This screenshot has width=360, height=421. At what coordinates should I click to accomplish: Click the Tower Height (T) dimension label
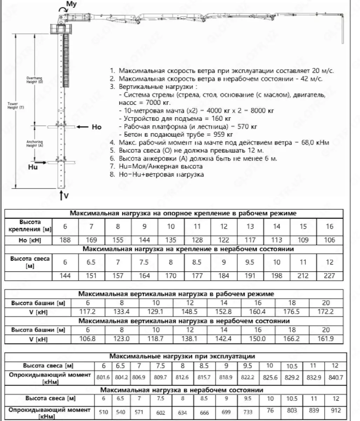pyautogui.click(x=15, y=106)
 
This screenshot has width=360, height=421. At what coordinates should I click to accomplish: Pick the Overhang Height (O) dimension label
pyautogui.click(x=35, y=80)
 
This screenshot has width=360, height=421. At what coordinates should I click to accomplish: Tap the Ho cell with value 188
pyautogui.click(x=65, y=240)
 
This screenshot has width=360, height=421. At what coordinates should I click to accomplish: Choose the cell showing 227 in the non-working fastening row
pyautogui.click(x=329, y=275)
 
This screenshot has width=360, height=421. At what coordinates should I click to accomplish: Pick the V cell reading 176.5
pyautogui.click(x=292, y=312)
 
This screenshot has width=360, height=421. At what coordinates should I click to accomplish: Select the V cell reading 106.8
pyautogui.click(x=88, y=339)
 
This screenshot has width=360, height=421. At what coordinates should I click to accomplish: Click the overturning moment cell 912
pyautogui.click(x=335, y=410)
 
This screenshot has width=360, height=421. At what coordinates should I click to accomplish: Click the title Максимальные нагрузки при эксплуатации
pyautogui.click(x=182, y=356)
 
